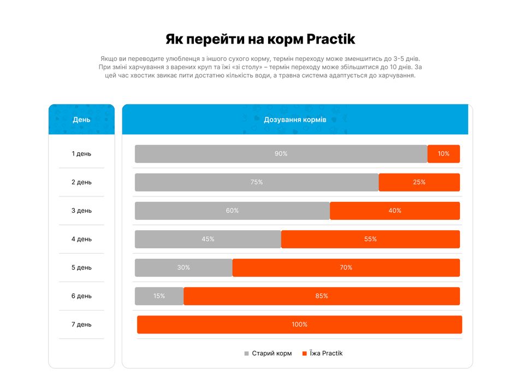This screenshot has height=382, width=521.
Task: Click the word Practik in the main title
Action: point(331,39)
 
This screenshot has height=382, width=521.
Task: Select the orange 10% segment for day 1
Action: point(443,154)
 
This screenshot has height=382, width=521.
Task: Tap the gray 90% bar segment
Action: point(281,154)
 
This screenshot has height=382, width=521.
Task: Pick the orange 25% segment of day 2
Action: point(419,182)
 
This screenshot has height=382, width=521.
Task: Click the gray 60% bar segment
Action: point(232,211)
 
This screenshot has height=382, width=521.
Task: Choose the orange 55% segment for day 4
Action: point(370,239)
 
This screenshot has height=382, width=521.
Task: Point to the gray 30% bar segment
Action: point(183,267)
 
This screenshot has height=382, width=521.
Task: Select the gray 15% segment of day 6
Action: point(159,296)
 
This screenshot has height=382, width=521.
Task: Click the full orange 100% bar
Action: point(299,324)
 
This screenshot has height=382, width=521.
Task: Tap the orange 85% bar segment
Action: point(322,296)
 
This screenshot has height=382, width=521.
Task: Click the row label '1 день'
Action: point(81,154)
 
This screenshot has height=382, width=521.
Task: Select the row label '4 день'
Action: point(81,239)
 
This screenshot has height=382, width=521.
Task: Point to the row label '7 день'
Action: point(81,324)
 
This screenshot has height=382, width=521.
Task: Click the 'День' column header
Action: point(81,120)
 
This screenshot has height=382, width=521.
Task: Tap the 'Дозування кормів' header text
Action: point(295,120)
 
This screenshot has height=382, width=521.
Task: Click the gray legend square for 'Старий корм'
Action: point(246,354)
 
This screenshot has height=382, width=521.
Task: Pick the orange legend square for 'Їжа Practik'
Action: point(305,354)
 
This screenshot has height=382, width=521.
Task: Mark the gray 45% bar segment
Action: point(208,239)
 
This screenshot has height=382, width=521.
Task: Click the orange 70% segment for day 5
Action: point(346,267)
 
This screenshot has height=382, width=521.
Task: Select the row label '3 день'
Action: point(81,211)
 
